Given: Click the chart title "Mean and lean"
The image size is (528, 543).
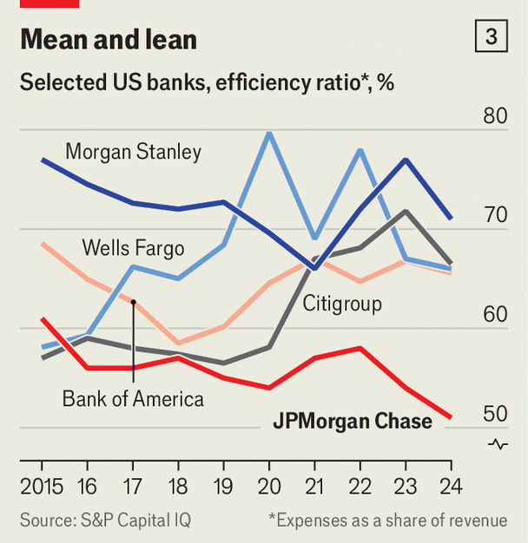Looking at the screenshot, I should click(x=109, y=40).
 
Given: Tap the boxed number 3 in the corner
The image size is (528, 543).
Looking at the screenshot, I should click(x=492, y=36).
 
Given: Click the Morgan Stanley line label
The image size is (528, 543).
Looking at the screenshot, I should click(x=134, y=153).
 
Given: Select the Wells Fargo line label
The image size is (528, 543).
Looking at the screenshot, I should click(x=133, y=248).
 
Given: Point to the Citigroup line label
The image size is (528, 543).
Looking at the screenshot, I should click(x=342, y=304).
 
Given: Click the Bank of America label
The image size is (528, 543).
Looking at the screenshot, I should click(x=133, y=399).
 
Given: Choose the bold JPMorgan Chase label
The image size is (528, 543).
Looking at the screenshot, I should click(x=353, y=422).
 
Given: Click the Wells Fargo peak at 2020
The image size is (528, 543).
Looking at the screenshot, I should click(x=268, y=133).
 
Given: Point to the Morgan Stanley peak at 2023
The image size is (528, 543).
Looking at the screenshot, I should click(x=405, y=160).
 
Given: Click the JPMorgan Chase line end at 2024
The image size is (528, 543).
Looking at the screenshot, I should click(x=450, y=417).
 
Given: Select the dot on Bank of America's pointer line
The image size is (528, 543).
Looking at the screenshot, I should click(x=133, y=301).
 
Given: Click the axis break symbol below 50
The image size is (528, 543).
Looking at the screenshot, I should click(x=498, y=444).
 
